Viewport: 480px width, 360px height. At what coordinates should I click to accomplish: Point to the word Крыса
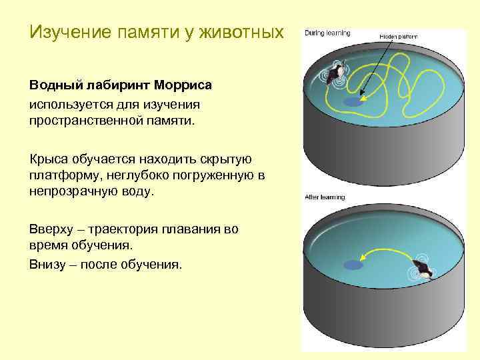pyautogui.click(x=47, y=159)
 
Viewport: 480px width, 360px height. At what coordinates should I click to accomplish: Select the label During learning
pyautogui.click(x=327, y=32)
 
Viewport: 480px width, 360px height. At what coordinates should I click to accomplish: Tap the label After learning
pyautogui.click(x=324, y=197)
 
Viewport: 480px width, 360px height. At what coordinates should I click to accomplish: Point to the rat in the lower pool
pyautogui.click(x=421, y=269)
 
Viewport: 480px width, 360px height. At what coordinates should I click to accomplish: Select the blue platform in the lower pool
pyautogui.click(x=353, y=265)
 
